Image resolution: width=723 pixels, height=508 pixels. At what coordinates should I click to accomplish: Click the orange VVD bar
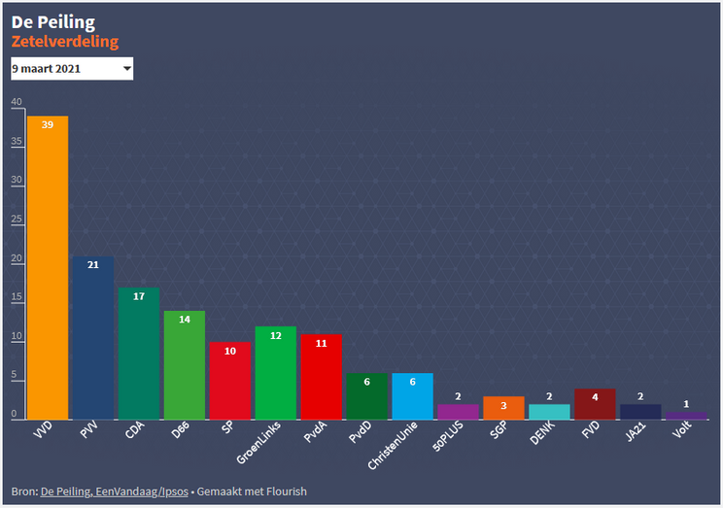(x=48, y=267)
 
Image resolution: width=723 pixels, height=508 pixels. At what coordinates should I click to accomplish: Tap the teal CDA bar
(x=138, y=353)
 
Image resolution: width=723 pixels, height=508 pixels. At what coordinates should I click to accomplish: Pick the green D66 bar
(x=184, y=364)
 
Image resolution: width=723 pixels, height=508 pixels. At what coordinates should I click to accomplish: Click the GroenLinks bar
(x=275, y=372)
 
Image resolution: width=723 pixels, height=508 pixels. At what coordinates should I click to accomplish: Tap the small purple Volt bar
(x=686, y=415)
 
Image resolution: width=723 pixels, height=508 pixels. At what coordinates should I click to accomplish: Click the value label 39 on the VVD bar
(x=48, y=124)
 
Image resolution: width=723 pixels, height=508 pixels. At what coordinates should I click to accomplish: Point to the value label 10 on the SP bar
(x=230, y=351)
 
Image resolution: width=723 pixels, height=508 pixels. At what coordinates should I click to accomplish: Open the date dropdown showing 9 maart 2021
(x=72, y=69)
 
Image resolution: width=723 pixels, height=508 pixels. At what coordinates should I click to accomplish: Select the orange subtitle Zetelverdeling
(x=65, y=42)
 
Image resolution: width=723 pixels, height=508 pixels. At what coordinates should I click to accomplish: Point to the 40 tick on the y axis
(x=16, y=102)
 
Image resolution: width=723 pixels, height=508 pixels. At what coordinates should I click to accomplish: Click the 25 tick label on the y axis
(x=16, y=220)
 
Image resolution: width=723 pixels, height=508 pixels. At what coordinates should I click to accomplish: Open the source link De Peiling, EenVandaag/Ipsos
(x=115, y=491)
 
